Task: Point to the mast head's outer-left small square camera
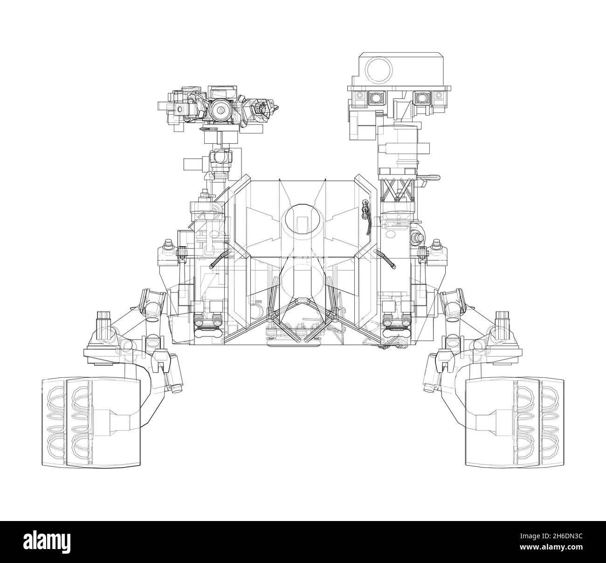tap(359, 97)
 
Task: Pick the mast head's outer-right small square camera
tap(438, 97)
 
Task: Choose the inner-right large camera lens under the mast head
tap(422, 97)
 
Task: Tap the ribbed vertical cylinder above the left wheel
tap(102, 321)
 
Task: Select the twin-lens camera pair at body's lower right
tap(394, 321)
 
